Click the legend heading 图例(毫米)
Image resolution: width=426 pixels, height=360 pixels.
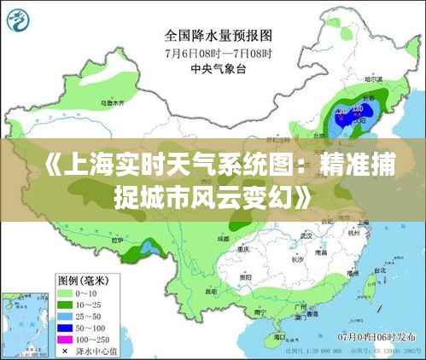[82, 279]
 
